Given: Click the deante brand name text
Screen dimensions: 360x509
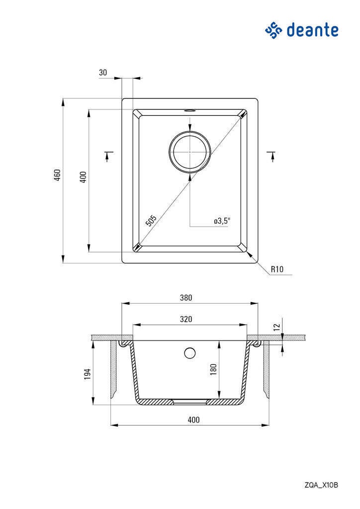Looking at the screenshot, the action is pyautogui.click(x=312, y=30).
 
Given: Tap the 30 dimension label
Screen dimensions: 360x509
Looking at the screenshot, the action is pyautogui.click(x=103, y=73).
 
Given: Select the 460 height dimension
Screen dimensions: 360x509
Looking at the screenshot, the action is pyautogui.click(x=57, y=175).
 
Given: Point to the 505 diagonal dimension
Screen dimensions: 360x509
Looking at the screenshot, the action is pyautogui.click(x=151, y=220).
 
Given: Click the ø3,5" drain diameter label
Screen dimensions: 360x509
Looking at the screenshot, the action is pyautogui.click(x=222, y=221).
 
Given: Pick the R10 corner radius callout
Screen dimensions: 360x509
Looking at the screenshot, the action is pyautogui.click(x=277, y=269).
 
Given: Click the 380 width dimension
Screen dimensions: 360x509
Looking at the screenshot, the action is pyautogui.click(x=186, y=297).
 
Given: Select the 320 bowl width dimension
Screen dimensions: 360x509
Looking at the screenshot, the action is pyautogui.click(x=186, y=319).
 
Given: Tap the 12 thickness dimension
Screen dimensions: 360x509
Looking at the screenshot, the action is pyautogui.click(x=276, y=327).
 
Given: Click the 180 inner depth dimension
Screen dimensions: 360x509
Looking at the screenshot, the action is pyautogui.click(x=213, y=369).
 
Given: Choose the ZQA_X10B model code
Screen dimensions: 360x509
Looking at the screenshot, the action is pyautogui.click(x=321, y=485).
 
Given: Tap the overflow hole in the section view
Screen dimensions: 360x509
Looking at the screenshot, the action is pyautogui.click(x=189, y=353).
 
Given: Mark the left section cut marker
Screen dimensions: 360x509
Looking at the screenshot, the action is pyautogui.click(x=108, y=156).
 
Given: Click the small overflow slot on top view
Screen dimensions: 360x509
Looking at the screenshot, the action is pyautogui.click(x=189, y=110).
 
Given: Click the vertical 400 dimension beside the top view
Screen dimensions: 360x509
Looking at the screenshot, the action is pyautogui.click(x=83, y=177).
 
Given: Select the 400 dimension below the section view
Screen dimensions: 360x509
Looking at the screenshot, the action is pyautogui.click(x=193, y=420).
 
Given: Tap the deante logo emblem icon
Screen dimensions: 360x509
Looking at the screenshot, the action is pyautogui.click(x=273, y=30).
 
